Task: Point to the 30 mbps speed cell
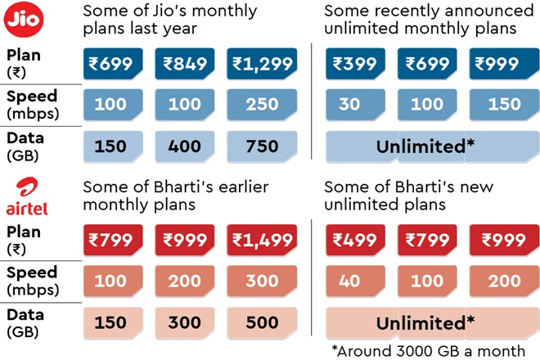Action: pyautogui.click(x=351, y=106)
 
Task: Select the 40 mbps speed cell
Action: pyautogui.click(x=351, y=281)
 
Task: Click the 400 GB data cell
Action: pyautogui.click(x=185, y=146)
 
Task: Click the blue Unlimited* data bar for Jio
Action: pyautogui.click(x=426, y=146)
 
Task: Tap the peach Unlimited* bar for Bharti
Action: pyautogui.click(x=426, y=322)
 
